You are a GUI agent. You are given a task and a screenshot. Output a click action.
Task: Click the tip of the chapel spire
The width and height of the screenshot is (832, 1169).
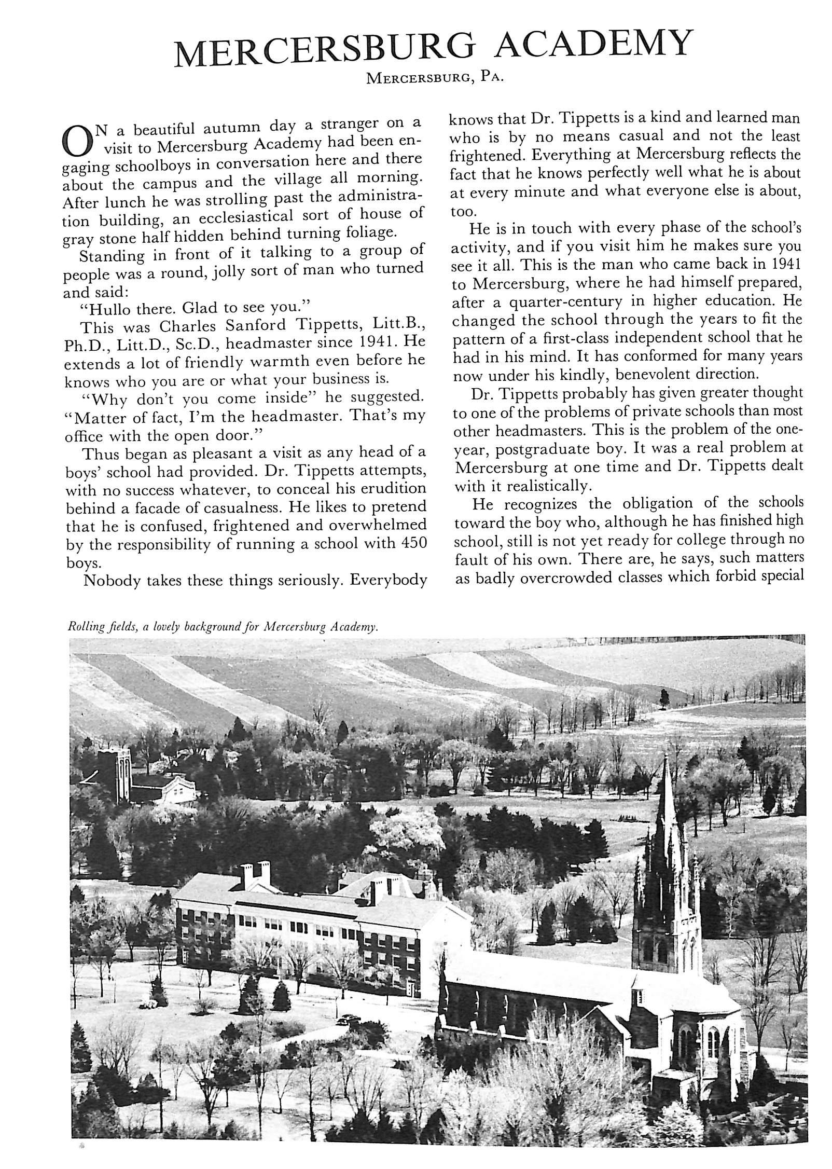[666, 757]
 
